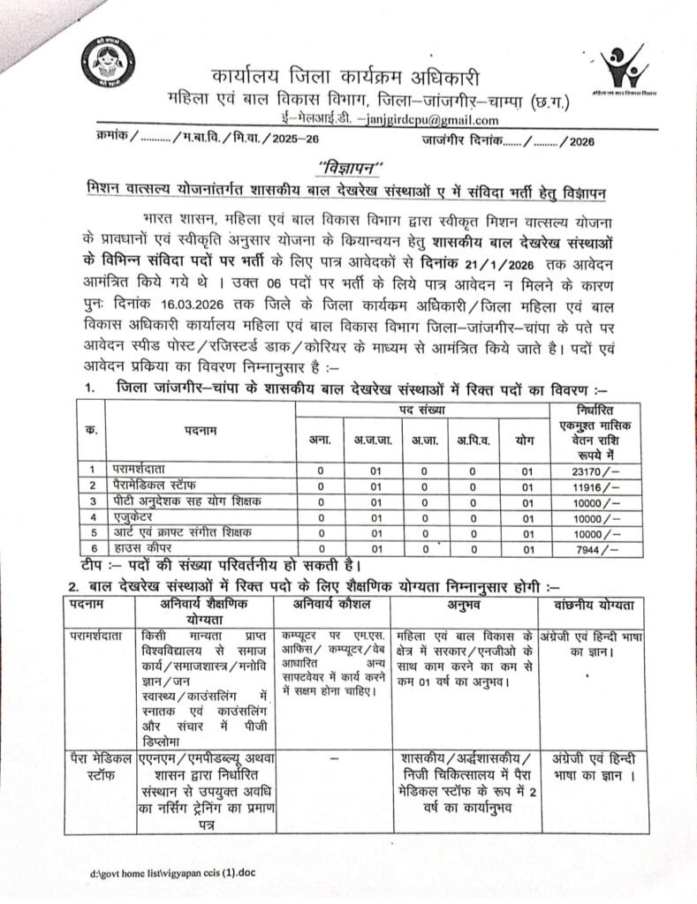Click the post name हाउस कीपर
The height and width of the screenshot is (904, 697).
tap(141, 548)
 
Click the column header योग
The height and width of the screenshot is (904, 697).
tap(527, 440)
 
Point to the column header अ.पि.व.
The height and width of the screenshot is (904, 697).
tap(474, 440)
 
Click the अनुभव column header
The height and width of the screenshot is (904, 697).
tap(463, 603)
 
